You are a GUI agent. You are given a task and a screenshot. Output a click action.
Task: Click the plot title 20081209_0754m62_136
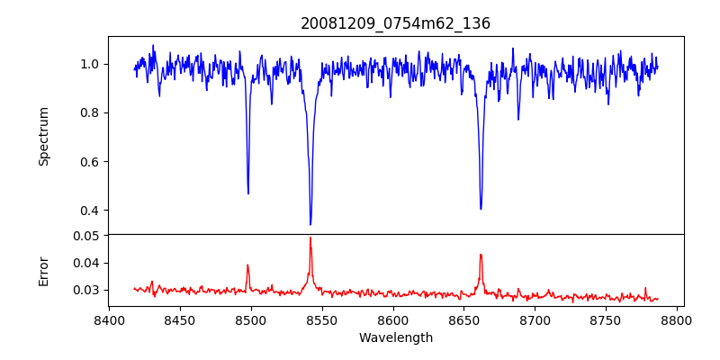pyautogui.click(x=395, y=23)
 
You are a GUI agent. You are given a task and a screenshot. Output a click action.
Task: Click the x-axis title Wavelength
pyautogui.click(x=395, y=337)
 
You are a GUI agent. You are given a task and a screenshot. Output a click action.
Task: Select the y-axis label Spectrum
pyautogui.click(x=43, y=136)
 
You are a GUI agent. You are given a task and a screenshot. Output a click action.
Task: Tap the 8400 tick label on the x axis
pyautogui.click(x=109, y=319)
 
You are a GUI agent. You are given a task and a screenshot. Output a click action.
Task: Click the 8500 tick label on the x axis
pyautogui.click(x=251, y=319)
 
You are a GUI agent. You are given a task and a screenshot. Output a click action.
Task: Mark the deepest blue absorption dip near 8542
pyautogui.click(x=310, y=224)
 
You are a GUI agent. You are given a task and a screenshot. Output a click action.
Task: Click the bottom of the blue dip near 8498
pyautogui.click(x=248, y=193)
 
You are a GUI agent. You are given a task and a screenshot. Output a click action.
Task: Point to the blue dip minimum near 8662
pyautogui.click(x=481, y=209)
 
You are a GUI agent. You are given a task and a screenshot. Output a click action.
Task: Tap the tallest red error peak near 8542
pyautogui.click(x=310, y=238)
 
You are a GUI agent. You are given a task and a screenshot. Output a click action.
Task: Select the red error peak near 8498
pyautogui.click(x=247, y=265)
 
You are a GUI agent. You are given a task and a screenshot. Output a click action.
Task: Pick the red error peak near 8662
pyautogui.click(x=481, y=255)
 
